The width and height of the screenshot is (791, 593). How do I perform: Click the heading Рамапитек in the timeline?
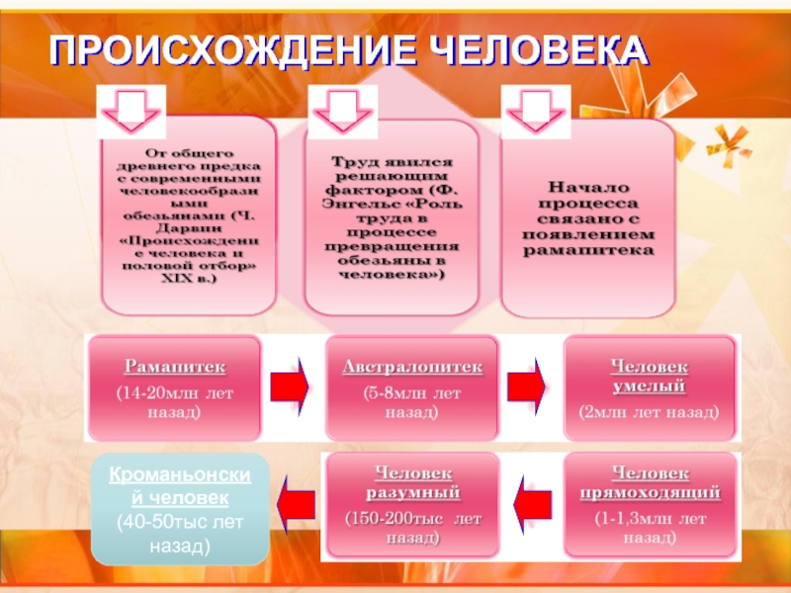click(175, 368)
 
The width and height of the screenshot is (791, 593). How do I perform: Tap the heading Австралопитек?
click(412, 368)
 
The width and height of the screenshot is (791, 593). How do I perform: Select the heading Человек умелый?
click(649, 376)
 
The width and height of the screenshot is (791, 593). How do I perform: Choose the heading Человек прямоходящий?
click(650, 483)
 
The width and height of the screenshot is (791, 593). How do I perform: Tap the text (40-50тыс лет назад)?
click(180, 533)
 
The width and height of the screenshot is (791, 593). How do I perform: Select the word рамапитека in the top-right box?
click(588, 251)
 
